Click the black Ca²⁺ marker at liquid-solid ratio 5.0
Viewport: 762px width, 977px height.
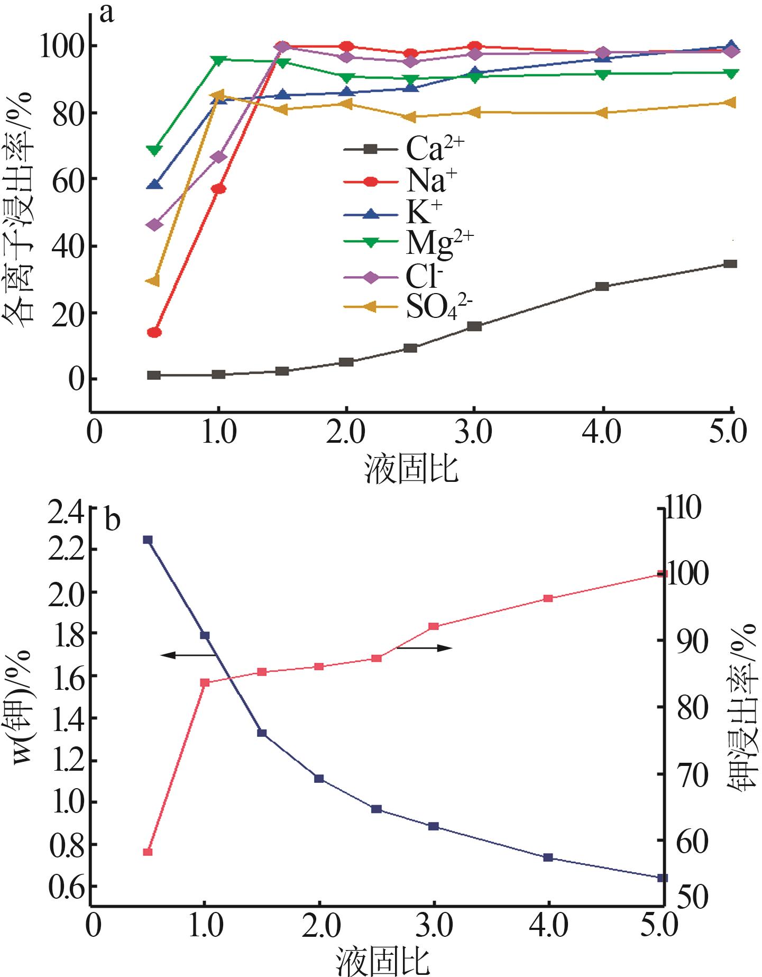[x=730, y=263]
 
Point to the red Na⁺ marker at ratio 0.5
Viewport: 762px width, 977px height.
[x=154, y=332]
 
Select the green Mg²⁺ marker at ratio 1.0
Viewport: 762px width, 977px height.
[x=218, y=60]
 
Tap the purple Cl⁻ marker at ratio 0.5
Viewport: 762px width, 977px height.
[x=154, y=224]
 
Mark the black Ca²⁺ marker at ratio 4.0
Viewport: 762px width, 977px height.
[x=602, y=286]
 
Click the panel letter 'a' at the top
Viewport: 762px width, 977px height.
[x=107, y=14]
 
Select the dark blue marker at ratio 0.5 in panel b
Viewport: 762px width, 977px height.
[x=148, y=540]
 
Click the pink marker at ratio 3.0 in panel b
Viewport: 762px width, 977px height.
[x=434, y=626]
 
